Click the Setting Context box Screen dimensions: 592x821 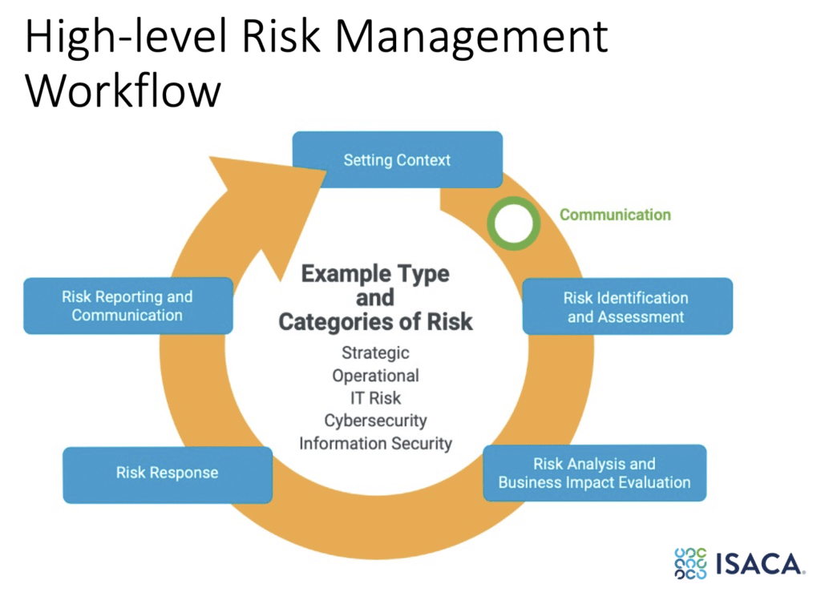397,159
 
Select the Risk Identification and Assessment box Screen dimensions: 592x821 626,306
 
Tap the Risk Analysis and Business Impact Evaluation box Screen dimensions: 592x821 594,473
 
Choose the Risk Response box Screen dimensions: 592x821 167,473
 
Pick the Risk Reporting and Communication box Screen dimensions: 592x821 127,305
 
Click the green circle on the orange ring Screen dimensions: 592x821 513,224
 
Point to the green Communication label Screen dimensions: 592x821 615,215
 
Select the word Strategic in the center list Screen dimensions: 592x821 375,352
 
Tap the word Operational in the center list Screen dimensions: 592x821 375,375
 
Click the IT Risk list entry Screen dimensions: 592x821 375,397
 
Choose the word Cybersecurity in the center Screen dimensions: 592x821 375,420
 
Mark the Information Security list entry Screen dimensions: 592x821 375,442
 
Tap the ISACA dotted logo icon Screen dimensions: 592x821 690,563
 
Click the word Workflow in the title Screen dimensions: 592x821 123,91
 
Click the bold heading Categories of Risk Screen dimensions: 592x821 375,322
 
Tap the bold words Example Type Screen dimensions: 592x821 375,274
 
